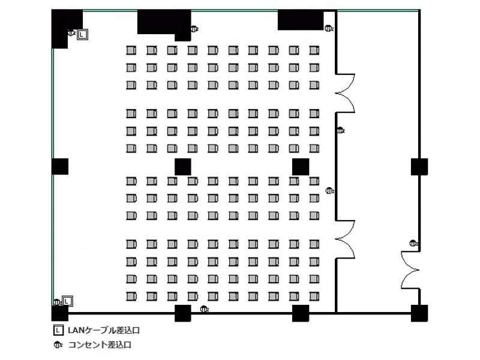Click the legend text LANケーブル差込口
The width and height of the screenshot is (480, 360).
click(104, 331)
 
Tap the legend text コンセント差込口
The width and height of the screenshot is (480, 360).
click(100, 344)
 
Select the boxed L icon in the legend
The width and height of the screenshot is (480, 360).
click(58, 331)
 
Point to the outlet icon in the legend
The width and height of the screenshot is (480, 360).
click(58, 345)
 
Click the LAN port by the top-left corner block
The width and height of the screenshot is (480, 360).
click(82, 35)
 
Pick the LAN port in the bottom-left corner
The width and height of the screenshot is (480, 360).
click(67, 301)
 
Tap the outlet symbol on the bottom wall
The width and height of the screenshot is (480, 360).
click(204, 309)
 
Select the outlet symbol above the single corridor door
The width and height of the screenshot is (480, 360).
click(413, 244)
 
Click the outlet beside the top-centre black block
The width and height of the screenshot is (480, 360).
click(194, 29)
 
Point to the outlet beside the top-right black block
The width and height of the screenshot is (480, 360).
click(329, 28)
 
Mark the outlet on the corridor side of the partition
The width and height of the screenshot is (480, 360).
click(340, 130)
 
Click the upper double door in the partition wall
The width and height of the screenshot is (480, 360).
click(346, 93)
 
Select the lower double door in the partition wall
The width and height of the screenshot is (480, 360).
click(346, 239)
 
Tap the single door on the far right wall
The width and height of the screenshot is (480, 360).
click(410, 270)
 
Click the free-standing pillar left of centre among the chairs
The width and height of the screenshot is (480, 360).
click(183, 167)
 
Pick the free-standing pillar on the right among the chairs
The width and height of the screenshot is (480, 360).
click(301, 167)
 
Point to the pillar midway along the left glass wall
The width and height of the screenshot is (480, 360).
click(60, 167)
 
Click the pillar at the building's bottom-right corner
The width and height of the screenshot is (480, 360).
click(419, 313)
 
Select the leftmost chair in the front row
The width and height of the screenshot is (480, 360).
click(131, 50)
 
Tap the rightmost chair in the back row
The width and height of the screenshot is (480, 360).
click(314, 296)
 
